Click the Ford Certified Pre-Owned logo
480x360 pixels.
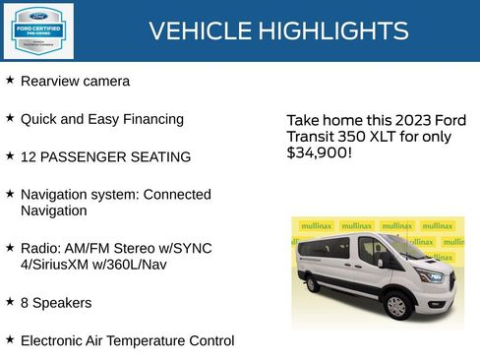click(x=36, y=30)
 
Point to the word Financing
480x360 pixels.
click(x=150, y=119)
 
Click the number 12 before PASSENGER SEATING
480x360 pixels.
click(x=29, y=156)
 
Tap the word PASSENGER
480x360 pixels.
click(x=86, y=156)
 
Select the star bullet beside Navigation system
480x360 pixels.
click(x=10, y=194)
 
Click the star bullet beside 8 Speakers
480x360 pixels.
click(x=10, y=302)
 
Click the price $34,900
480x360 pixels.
click(x=320, y=153)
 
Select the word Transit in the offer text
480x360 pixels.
click(x=309, y=137)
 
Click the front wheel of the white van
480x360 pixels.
click(x=396, y=306)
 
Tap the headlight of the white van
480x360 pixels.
click(x=431, y=274)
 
